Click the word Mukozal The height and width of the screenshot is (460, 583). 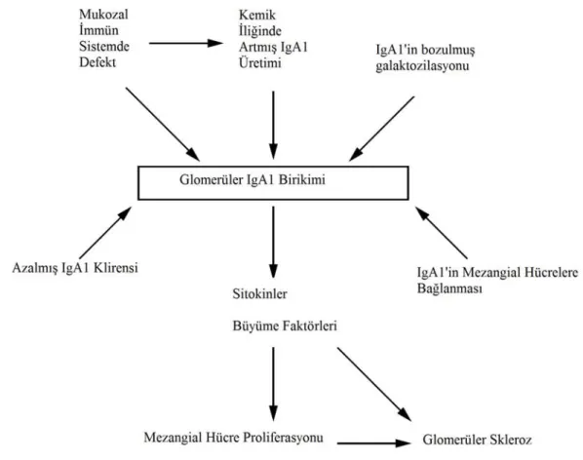103,15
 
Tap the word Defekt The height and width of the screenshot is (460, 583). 97,62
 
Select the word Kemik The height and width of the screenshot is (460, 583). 257,15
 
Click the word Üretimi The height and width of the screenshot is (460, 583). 260,62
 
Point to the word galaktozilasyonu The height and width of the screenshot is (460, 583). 422,66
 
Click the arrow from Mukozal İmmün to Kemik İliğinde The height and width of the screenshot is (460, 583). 186,43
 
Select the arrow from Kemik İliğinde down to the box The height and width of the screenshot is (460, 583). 273,125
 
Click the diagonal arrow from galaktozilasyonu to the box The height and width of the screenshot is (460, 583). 381,129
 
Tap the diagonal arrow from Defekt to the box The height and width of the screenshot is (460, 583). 163,125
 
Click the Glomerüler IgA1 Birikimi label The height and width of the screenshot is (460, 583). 253,180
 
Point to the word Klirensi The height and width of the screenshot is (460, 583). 116,268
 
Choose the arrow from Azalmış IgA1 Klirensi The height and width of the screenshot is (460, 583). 105,233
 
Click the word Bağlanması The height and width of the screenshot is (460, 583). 449,288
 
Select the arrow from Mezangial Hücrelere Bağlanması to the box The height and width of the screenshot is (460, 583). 442,233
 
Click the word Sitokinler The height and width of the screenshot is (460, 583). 260,294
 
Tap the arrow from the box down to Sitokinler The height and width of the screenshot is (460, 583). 273,243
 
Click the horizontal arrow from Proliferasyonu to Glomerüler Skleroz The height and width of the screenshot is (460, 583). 374,442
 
